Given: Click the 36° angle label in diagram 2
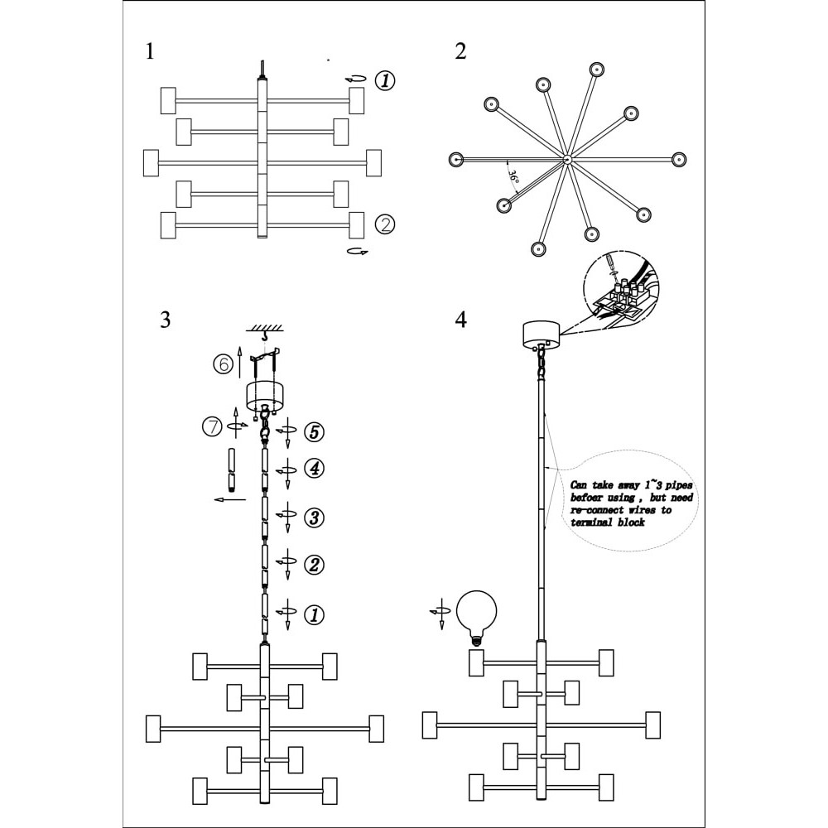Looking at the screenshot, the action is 513,176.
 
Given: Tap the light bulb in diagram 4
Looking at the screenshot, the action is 476,618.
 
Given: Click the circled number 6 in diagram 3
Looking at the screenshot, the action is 224,363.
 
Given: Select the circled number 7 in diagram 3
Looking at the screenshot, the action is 212,426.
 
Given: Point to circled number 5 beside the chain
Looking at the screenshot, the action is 314,432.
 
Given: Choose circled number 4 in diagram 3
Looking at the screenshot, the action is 314,469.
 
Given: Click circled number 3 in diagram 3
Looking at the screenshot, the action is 314,517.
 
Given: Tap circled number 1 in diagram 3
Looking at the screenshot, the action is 314,614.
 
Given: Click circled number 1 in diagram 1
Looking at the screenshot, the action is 385,81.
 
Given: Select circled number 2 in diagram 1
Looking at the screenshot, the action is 385,224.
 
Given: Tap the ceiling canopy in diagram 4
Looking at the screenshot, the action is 541,335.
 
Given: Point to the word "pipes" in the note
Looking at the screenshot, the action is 678,485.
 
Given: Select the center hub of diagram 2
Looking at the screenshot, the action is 566,159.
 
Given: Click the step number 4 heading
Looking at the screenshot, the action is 461,320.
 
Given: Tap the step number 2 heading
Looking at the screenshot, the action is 460,51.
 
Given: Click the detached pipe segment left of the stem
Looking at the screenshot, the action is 231,469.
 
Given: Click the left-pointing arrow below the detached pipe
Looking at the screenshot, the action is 229,499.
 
